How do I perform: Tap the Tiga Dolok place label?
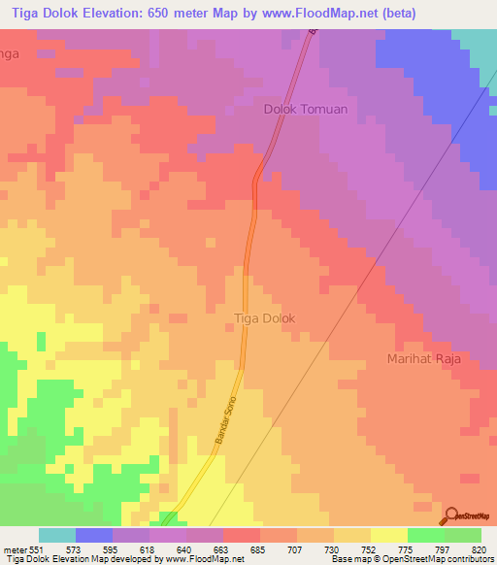tap(265, 318)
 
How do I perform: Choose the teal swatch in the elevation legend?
tap(57, 535)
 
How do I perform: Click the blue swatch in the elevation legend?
tap(94, 535)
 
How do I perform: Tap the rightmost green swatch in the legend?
tap(463, 535)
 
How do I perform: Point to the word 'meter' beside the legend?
tap(17, 549)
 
